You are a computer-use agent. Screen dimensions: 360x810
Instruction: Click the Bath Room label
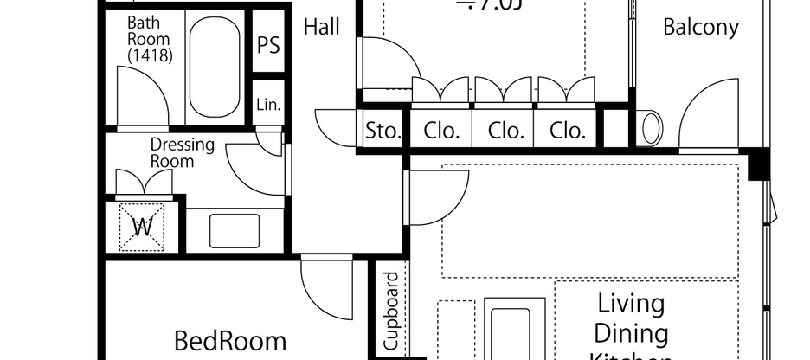pyautogui.click(x=149, y=30)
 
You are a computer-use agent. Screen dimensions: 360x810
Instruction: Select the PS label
pyautogui.click(x=269, y=45)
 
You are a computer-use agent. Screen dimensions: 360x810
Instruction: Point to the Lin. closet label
pyautogui.click(x=268, y=105)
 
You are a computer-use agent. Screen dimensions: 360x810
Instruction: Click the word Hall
pyautogui.click(x=321, y=28)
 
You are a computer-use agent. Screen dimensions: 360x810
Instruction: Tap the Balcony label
pyautogui.click(x=700, y=27)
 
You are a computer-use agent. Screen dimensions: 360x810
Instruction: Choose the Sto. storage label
pyautogui.click(x=382, y=132)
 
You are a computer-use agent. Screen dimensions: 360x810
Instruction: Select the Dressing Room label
pyautogui.click(x=182, y=152)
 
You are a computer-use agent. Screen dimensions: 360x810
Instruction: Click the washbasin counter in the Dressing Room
pyautogui.click(x=235, y=230)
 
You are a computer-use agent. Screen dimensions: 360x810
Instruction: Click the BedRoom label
pyautogui.click(x=229, y=340)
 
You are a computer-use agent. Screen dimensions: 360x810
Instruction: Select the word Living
pyautogui.click(x=631, y=305)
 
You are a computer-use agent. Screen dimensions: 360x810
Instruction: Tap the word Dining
pyautogui.click(x=631, y=334)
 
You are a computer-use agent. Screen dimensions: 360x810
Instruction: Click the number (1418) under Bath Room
pyautogui.click(x=149, y=55)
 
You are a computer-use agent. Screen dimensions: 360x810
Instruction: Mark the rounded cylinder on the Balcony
pyautogui.click(x=651, y=128)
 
